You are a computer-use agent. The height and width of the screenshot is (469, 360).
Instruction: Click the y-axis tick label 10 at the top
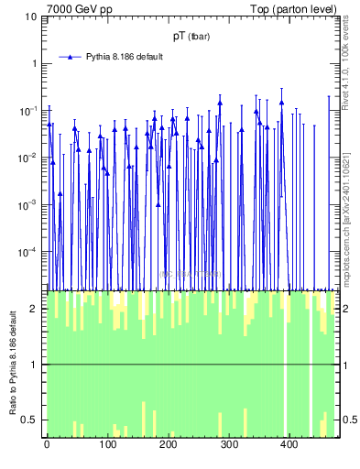click(31, 16)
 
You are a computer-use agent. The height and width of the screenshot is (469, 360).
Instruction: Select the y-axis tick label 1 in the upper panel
click(34, 63)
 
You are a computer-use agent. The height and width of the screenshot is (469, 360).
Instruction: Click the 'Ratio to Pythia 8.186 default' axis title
click(12, 363)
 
